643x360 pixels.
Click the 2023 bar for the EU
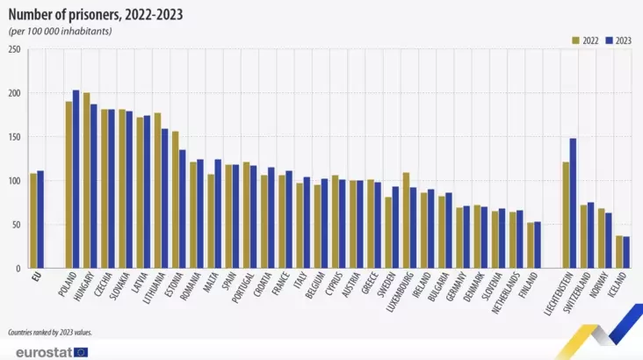(x=40, y=220)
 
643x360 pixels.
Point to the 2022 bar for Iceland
(x=619, y=251)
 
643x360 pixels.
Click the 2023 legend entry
(x=618, y=40)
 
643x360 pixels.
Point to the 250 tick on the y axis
(x=14, y=49)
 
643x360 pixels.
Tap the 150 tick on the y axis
(x=14, y=137)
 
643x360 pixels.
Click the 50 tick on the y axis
(x=16, y=225)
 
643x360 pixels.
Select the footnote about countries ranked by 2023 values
(x=49, y=333)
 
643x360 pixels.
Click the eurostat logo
(x=46, y=351)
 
